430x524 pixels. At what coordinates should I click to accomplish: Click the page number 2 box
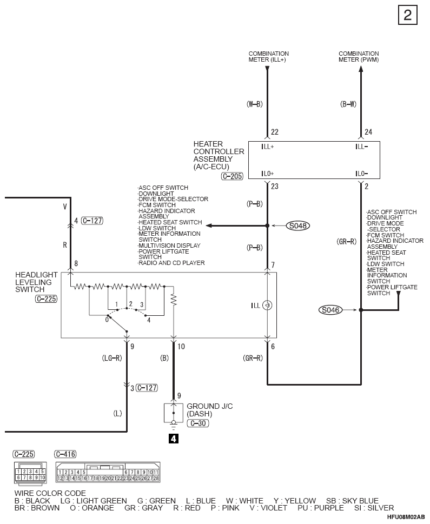pyautogui.click(x=408, y=15)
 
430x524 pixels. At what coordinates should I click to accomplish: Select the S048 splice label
pyautogui.click(x=298, y=226)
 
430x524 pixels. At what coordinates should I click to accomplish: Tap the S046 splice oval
pyautogui.click(x=330, y=310)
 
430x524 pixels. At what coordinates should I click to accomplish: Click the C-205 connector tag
pyautogui.click(x=232, y=176)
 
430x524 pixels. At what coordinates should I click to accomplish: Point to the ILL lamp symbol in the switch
pyautogui.click(x=267, y=305)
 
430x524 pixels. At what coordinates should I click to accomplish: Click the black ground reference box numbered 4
pyautogui.click(x=174, y=439)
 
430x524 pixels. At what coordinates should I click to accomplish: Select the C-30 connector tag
pyautogui.click(x=198, y=423)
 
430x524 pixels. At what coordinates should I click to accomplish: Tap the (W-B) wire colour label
pyautogui.click(x=254, y=104)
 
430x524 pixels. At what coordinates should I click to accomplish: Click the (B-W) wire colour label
pyautogui.click(x=348, y=104)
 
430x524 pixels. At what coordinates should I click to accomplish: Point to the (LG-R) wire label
pyautogui.click(x=111, y=358)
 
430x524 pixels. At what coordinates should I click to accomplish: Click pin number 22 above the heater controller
pyautogui.click(x=275, y=132)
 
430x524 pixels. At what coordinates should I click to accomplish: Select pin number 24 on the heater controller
pyautogui.click(x=368, y=132)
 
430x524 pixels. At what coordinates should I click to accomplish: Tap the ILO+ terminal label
pyautogui.click(x=268, y=174)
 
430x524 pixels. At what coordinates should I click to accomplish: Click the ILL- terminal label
pyautogui.click(x=361, y=147)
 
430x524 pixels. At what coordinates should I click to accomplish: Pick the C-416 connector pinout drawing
pyautogui.click(x=108, y=472)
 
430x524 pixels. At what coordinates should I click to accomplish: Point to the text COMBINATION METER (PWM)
pyautogui.click(x=359, y=56)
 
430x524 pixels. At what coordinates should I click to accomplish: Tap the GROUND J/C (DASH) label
pyautogui.click(x=210, y=410)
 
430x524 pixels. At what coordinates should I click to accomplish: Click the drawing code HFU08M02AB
pyautogui.click(x=406, y=517)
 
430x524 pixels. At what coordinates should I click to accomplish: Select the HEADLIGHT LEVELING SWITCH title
pyautogui.click(x=36, y=282)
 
